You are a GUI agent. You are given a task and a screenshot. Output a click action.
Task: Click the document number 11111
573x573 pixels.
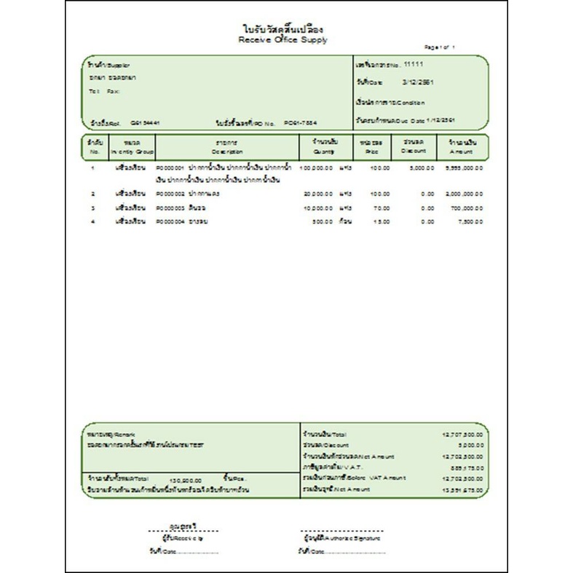pos(412,64)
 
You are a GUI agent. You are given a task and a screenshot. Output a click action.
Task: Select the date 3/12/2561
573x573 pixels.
pos(417,83)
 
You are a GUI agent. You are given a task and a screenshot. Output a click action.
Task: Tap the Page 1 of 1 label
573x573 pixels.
pos(440,47)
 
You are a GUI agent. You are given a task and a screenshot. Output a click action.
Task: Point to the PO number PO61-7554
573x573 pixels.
pos(301,123)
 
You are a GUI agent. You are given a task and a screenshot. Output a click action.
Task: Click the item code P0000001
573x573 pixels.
pos(171,167)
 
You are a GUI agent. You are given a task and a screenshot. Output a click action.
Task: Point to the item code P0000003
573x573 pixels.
pos(171,208)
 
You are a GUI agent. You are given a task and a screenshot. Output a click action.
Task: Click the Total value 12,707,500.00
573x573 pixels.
pos(462,433)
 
